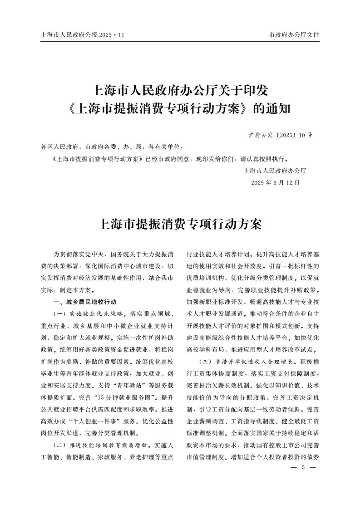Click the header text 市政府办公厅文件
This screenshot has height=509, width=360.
coord(294,34)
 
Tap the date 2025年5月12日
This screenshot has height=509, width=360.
coord(276,183)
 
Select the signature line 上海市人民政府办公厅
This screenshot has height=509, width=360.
coord(275,171)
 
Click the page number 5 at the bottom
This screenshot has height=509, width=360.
coord(302,468)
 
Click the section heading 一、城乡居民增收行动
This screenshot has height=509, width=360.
coord(79,302)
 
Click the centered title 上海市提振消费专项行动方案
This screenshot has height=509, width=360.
coord(180,224)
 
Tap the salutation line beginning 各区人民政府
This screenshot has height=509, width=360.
coord(113,147)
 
